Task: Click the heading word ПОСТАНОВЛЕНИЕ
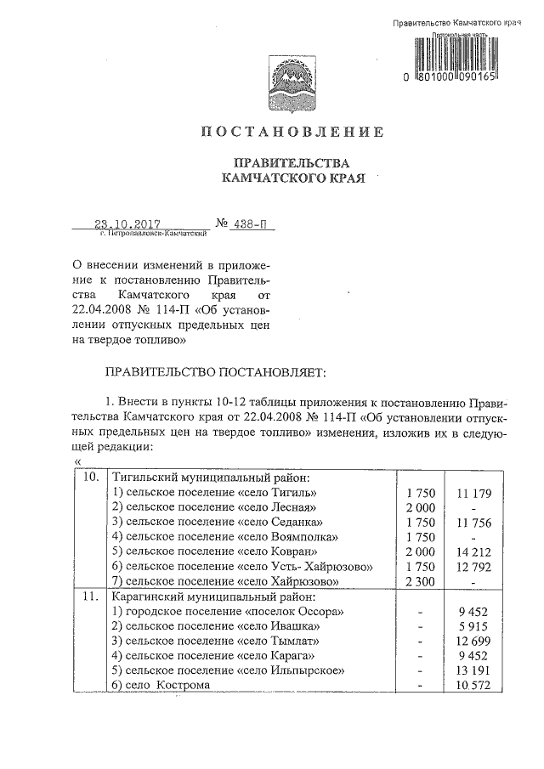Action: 292,132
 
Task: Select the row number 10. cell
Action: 88,478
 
